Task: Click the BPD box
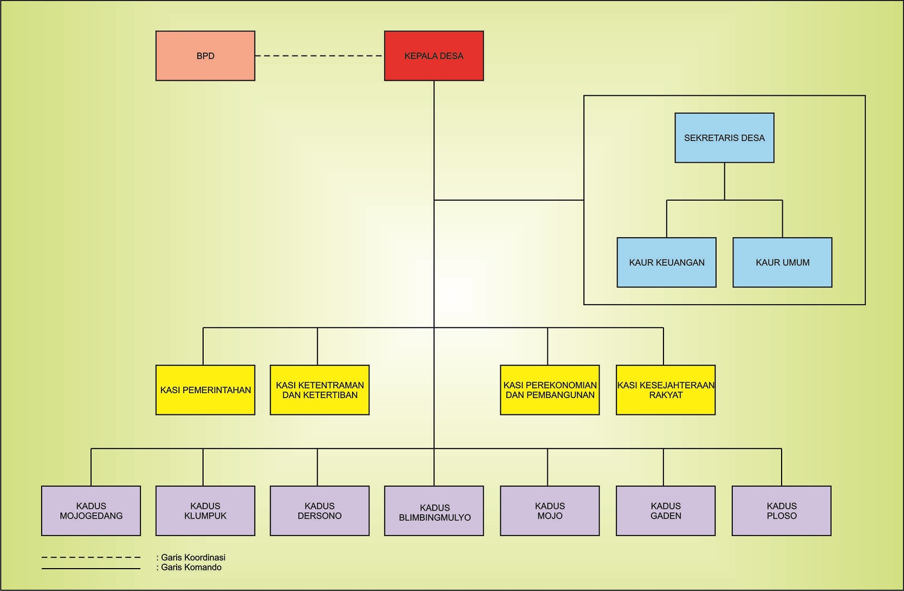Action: coord(206,55)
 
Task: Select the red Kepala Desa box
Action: coord(434,55)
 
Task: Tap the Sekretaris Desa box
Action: coord(724,137)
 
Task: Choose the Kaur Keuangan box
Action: coord(667,262)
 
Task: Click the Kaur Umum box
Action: coord(782,262)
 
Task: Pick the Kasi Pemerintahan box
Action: coord(206,390)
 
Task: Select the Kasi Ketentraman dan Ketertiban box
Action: coord(319,390)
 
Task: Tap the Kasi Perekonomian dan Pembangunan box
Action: coord(550,390)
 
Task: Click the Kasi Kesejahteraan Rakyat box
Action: coord(666,390)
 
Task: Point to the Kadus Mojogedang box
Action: coord(91,511)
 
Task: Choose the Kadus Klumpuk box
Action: coord(206,511)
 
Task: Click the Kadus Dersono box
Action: coord(319,511)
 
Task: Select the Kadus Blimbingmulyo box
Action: coord(434,511)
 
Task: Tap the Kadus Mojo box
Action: coord(550,511)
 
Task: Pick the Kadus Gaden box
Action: coord(666,511)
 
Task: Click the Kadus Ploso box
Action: coord(782,511)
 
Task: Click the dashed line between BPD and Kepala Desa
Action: coord(319,55)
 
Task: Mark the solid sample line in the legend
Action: coord(91,569)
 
